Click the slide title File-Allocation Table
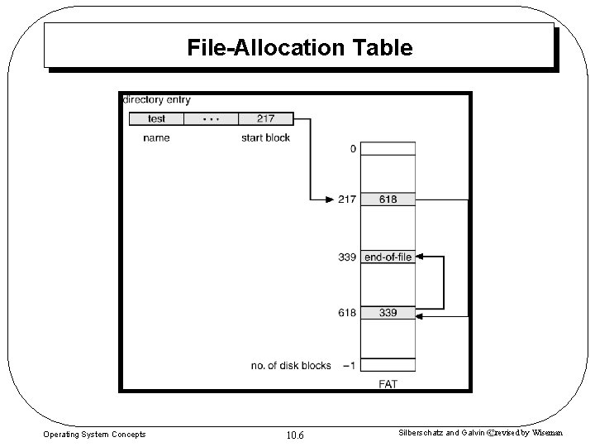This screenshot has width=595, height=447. pos(299,48)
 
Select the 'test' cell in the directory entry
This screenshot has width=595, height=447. pos(156,119)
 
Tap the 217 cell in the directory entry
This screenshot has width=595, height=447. pos(265,119)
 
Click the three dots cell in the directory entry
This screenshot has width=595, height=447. pos(211,119)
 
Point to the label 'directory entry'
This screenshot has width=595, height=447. pos(156,100)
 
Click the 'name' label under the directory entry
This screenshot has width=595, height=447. pos(156,138)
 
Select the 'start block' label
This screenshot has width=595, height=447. pos(265,138)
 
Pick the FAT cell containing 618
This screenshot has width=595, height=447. pos(387,199)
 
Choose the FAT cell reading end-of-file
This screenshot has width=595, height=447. pos(387,257)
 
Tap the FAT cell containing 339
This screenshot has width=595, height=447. pos(387,313)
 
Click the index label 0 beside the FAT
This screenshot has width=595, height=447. pos(353,150)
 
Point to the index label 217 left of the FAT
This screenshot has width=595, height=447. pos(347,199)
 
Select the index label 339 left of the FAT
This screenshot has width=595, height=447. pos(347,257)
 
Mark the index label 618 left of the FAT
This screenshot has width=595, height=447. pos(347,313)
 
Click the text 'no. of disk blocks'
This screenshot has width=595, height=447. pos(291,365)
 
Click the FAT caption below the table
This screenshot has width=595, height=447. pos(388,383)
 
